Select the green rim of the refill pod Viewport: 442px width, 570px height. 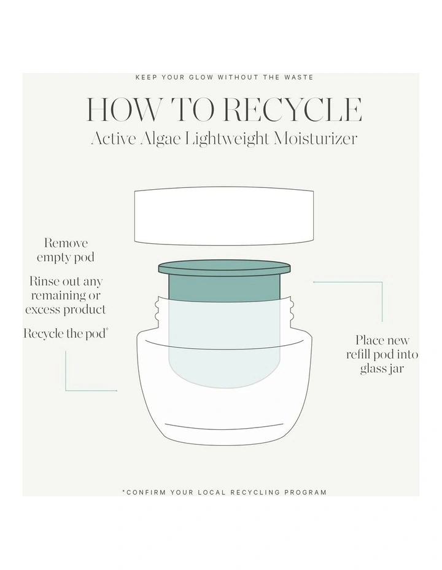225,268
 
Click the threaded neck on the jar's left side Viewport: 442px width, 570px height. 158,310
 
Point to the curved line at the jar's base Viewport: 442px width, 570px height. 224,426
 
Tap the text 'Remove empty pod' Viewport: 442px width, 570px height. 66,250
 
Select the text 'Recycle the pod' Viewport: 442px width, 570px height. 64,334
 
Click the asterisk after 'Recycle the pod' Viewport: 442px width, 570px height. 107,329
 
